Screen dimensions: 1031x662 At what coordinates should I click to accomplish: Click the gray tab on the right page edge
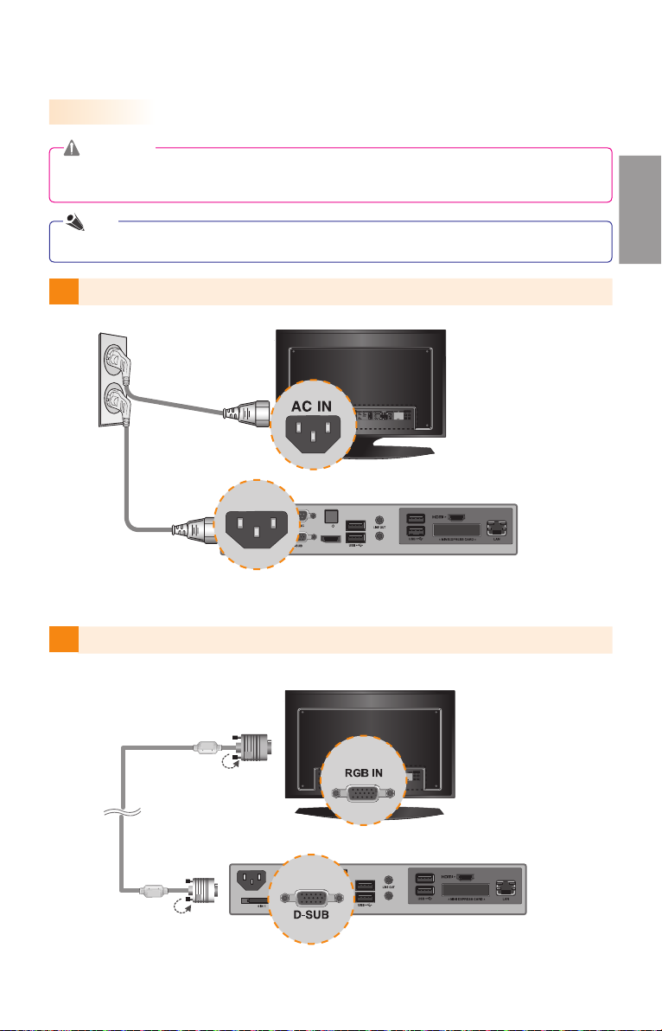tap(640, 209)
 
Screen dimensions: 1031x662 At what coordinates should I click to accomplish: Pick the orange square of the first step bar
tap(64, 291)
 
